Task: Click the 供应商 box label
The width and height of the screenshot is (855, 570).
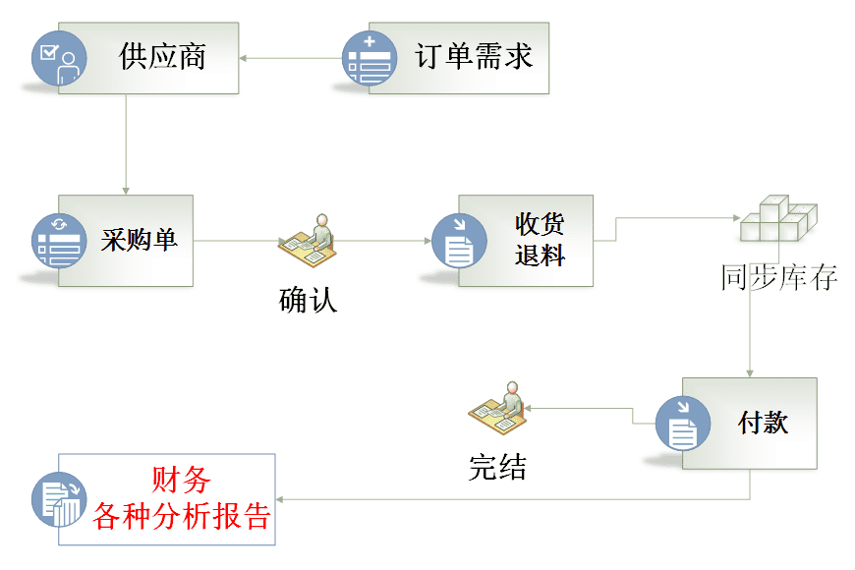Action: [162, 56]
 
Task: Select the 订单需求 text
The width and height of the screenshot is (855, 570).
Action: [474, 56]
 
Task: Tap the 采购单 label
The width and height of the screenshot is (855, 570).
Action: [139, 240]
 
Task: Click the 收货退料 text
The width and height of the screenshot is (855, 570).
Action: [540, 239]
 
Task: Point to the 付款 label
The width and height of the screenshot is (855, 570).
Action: [763, 423]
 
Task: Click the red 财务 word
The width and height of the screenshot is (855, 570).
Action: [181, 481]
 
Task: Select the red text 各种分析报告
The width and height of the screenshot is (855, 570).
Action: [181, 516]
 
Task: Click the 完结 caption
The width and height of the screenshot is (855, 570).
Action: [497, 468]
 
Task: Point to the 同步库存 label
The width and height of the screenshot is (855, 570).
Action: [778, 278]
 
